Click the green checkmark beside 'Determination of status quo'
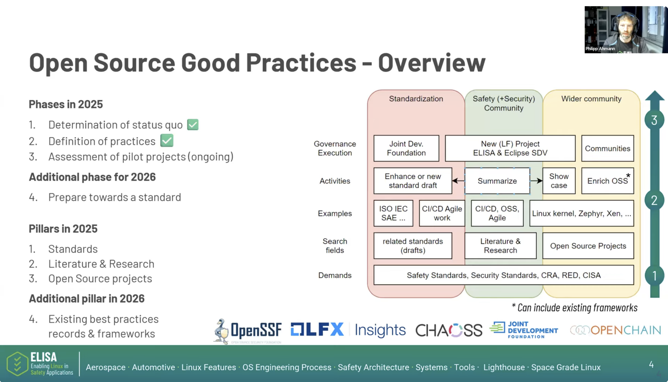click(193, 125)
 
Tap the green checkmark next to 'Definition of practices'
click(167, 141)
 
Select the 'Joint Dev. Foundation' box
click(406, 148)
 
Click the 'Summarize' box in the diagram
click(497, 181)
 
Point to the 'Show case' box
click(559, 181)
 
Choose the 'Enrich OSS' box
click(607, 181)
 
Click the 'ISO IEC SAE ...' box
click(393, 213)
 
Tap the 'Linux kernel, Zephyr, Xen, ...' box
click(581, 213)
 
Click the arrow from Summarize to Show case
click(536, 181)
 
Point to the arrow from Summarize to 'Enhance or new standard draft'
click(458, 181)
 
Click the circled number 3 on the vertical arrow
click(654, 120)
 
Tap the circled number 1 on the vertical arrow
click(654, 276)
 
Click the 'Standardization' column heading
click(416, 99)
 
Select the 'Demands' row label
click(335, 275)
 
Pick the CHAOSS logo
click(449, 330)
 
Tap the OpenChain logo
click(615, 330)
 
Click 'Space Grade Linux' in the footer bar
click(566, 367)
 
